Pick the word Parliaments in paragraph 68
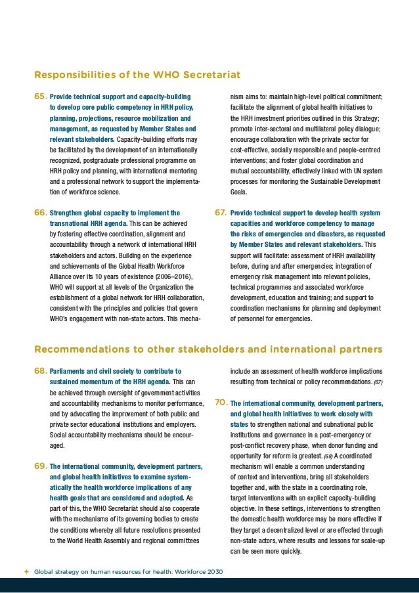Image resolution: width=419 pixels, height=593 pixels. [68, 371]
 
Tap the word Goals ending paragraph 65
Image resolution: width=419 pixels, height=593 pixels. [238, 192]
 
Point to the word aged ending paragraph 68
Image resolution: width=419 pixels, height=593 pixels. [57, 445]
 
